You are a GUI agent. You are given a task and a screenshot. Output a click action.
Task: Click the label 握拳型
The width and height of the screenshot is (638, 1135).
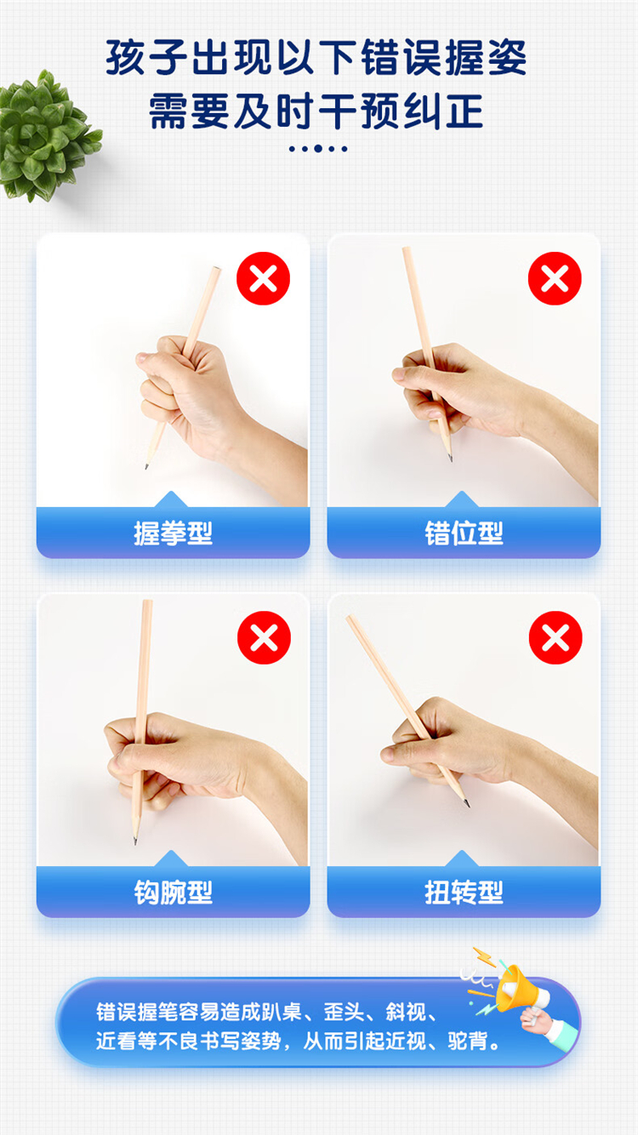click(x=174, y=533)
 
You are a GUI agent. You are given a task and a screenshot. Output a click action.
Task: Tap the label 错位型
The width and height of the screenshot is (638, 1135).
click(x=464, y=533)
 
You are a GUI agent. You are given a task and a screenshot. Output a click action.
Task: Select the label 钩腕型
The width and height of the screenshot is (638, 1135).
click(x=174, y=893)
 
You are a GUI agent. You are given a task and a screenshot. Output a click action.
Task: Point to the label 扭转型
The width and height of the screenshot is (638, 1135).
click(x=464, y=893)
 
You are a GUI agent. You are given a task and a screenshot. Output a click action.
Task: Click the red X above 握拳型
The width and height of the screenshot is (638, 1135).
click(x=264, y=278)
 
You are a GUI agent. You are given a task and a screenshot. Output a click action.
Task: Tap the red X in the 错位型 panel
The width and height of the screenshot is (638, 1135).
click(x=555, y=278)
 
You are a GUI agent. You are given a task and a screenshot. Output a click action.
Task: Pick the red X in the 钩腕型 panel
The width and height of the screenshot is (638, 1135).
click(x=264, y=637)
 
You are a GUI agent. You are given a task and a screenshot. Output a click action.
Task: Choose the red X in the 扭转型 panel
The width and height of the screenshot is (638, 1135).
click(x=555, y=637)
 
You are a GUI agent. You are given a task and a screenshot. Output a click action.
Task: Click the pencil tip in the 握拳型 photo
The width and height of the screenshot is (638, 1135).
click(x=146, y=467)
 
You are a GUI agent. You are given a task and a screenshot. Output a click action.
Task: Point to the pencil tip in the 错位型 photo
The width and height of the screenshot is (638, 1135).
click(x=451, y=459)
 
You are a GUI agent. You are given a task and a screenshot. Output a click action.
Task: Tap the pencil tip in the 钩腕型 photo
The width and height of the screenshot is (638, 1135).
click(x=134, y=842)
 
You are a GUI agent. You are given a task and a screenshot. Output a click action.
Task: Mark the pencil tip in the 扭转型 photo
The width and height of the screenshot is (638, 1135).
click(x=468, y=805)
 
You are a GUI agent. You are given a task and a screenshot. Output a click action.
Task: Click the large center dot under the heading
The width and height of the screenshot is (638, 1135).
click(x=318, y=148)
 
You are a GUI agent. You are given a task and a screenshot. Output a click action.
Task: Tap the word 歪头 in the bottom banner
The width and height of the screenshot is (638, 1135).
click(x=344, y=1012)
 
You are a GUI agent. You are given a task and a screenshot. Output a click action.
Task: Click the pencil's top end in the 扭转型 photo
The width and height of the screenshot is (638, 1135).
click(x=350, y=618)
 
